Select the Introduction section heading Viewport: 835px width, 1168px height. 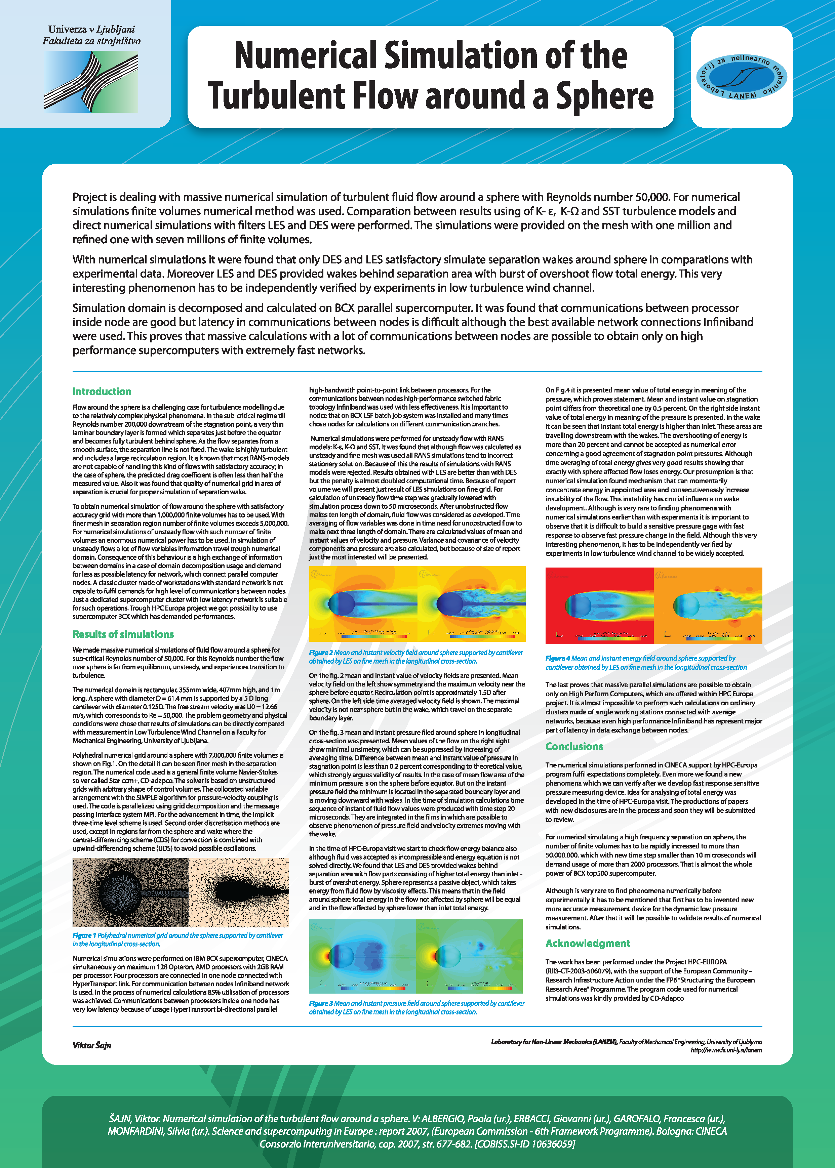click(x=102, y=391)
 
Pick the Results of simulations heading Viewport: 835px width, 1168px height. click(x=123, y=634)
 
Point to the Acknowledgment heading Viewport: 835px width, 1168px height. click(x=588, y=943)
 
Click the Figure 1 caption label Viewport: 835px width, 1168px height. click(x=84, y=935)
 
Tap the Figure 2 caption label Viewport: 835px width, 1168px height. click(x=321, y=653)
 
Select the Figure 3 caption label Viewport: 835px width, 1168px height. click(x=321, y=1003)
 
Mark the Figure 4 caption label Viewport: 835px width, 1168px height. click(x=557, y=658)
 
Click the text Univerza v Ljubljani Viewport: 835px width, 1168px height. click(x=91, y=29)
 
